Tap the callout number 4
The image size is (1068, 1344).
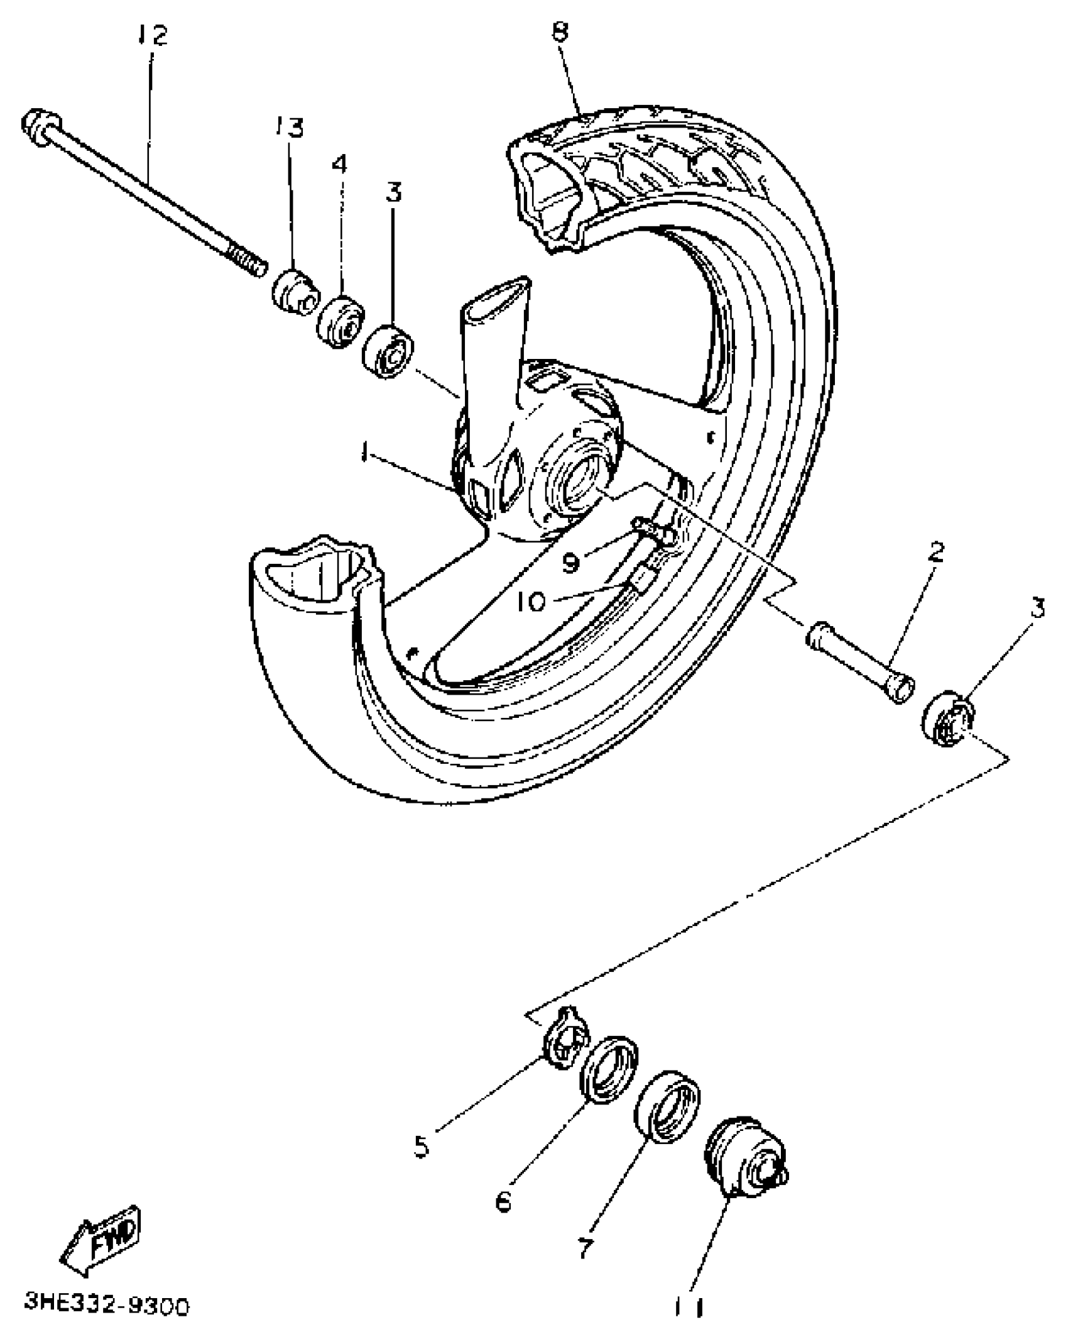pyautogui.click(x=339, y=164)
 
